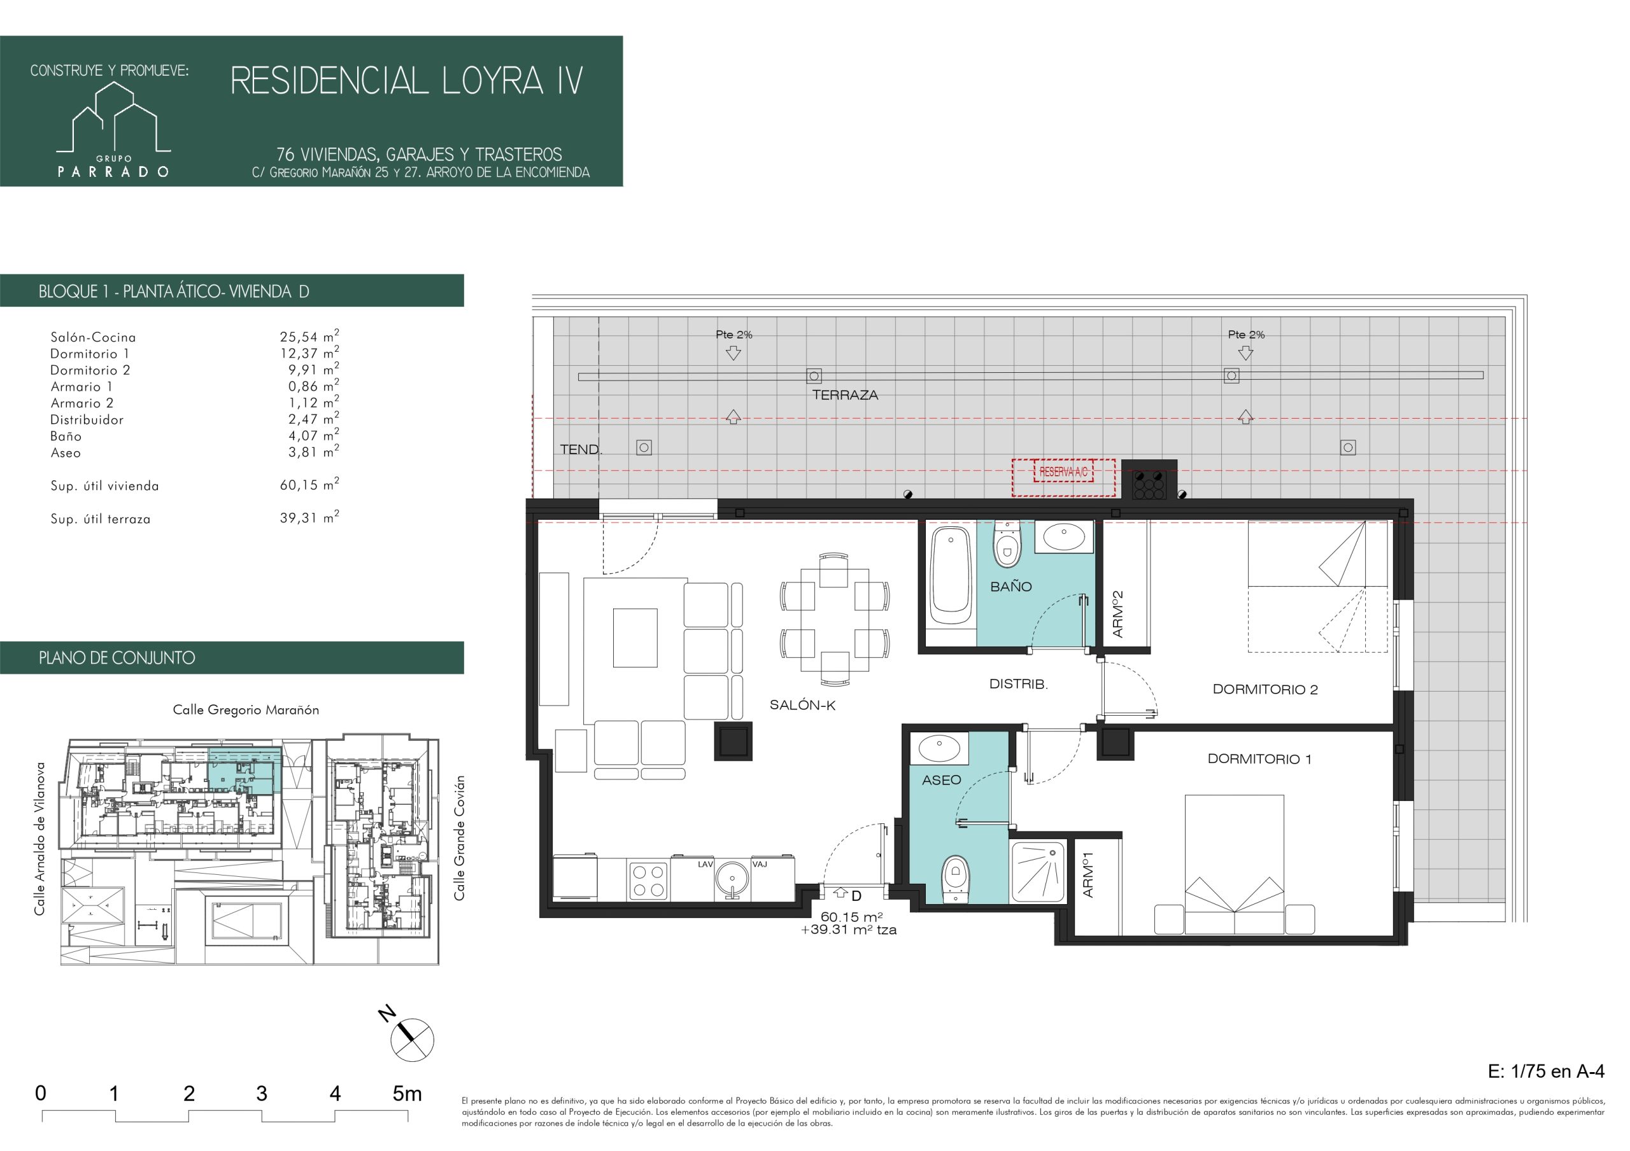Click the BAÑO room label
click(1011, 587)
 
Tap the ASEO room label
click(941, 780)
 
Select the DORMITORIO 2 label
click(1265, 689)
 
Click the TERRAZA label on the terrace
click(845, 395)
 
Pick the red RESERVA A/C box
click(1063, 471)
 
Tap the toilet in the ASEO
click(956, 879)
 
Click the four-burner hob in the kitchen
click(649, 880)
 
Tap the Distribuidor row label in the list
click(87, 419)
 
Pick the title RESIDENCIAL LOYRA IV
click(407, 81)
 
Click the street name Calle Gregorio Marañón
click(246, 709)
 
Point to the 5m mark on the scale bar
click(407, 1094)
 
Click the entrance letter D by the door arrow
click(856, 896)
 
